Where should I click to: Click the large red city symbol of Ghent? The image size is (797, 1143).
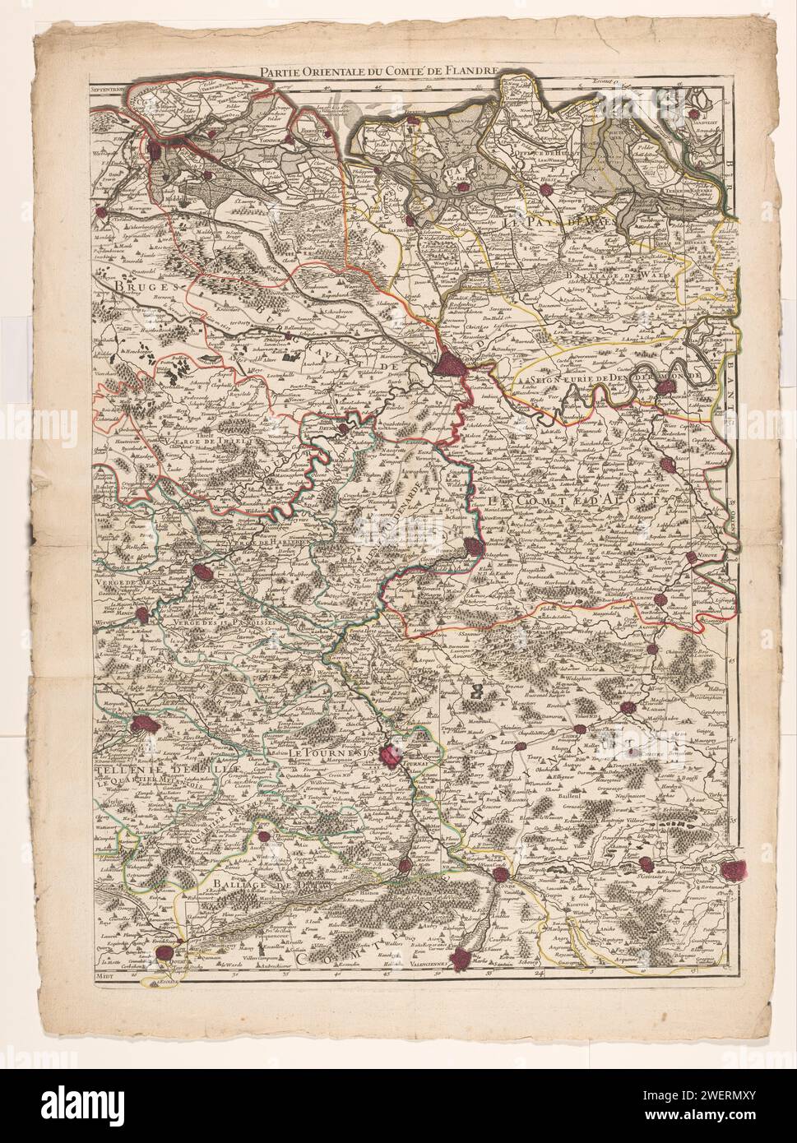coord(452,363)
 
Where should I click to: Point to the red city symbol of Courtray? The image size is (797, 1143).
coord(206,573)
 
